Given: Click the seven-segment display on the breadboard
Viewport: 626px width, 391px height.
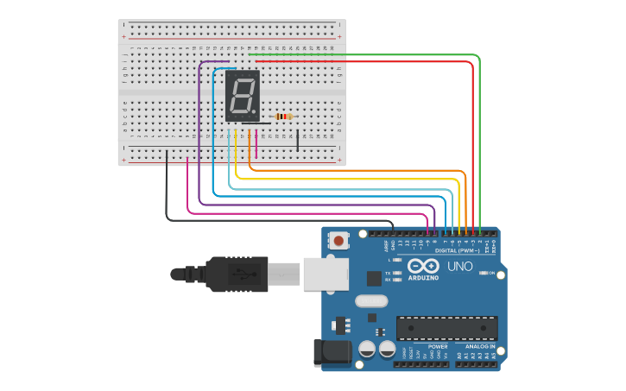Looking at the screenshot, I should pyautogui.click(x=242, y=95).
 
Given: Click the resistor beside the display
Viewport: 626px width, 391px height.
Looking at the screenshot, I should pyautogui.click(x=282, y=117).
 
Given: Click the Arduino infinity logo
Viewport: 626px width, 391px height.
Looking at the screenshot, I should pyautogui.click(x=423, y=266).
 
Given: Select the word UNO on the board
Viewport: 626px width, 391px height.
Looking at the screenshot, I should pyautogui.click(x=460, y=266).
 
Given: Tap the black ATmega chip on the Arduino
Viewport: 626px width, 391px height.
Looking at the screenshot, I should pyautogui.click(x=446, y=328).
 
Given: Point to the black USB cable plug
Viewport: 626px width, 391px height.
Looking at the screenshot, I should pyautogui.click(x=229, y=274).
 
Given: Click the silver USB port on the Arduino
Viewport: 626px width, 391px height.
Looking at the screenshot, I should pyautogui.click(x=327, y=274).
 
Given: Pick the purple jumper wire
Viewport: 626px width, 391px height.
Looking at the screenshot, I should pyautogui.click(x=199, y=129).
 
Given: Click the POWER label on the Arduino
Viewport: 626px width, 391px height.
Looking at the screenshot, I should pyautogui.click(x=414, y=346).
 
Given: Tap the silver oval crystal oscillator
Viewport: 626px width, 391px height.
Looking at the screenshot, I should pyautogui.click(x=371, y=301).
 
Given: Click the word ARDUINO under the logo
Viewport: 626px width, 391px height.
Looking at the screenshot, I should pyautogui.click(x=423, y=277).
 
